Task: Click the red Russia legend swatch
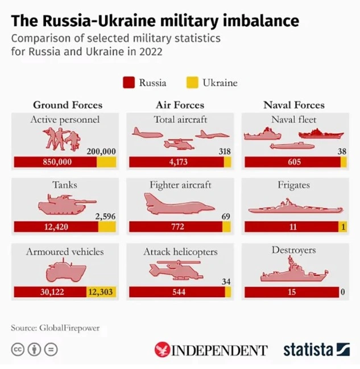point(129,83)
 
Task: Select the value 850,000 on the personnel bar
point(57,162)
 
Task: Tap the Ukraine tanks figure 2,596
point(105,216)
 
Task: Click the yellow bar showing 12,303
point(101,292)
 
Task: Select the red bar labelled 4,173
point(176,162)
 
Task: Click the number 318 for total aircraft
point(225,151)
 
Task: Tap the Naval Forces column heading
point(294,105)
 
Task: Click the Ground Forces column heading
point(68,105)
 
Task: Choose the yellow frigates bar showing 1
point(343,227)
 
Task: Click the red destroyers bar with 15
point(291,292)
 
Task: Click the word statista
point(309,349)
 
